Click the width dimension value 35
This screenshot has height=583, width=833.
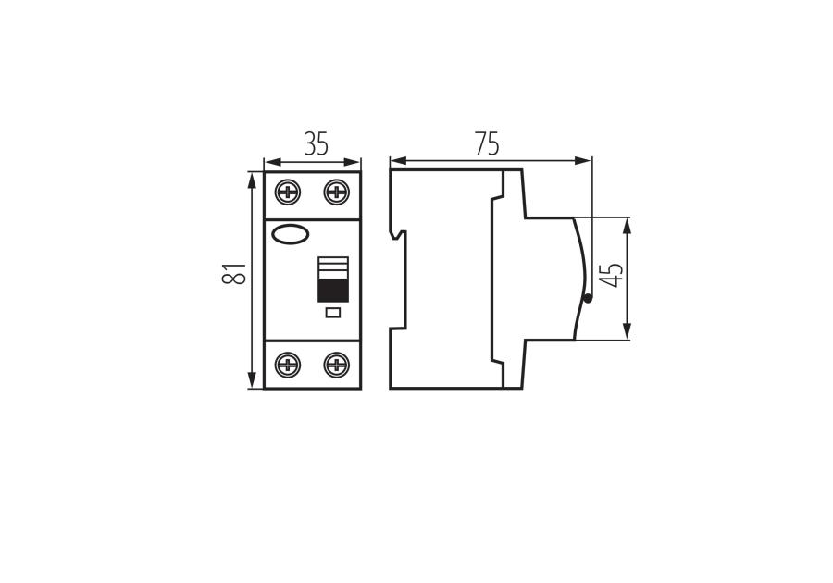click(317, 143)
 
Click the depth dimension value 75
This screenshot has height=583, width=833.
click(487, 143)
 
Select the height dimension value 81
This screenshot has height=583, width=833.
click(234, 273)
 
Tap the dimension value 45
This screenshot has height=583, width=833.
click(612, 275)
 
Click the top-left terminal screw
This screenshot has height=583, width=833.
click(288, 192)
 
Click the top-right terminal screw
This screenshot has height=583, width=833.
click(336, 192)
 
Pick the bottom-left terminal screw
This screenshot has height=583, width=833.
click(288, 365)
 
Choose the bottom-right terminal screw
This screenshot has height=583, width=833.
click(336, 365)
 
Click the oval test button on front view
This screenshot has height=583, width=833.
click(290, 234)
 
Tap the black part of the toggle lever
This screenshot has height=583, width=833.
click(333, 291)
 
